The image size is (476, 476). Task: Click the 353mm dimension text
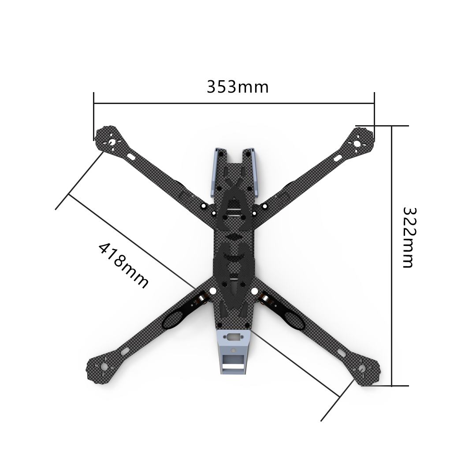coord(238,87)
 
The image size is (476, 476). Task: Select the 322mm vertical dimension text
coord(408,238)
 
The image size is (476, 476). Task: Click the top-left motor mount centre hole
coord(112,142)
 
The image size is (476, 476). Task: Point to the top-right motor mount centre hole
coord(357,144)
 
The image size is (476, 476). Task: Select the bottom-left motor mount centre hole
coord(104,366)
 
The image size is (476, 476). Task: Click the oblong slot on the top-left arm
coord(131,156)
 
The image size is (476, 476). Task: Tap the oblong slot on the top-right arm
coord(337,157)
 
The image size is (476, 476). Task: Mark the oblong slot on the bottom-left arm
coord(123,352)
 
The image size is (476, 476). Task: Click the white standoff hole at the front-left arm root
coord(204,206)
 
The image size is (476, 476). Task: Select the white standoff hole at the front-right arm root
coord(264,206)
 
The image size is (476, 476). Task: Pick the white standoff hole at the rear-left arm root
coord(213,291)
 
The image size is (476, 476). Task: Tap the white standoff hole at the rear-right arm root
coord(254,291)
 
